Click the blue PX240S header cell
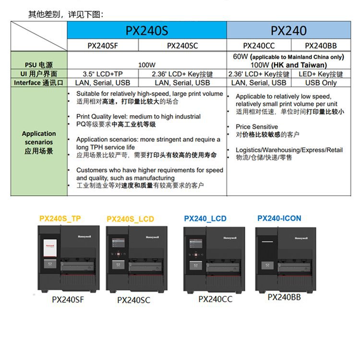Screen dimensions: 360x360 coord(147,31)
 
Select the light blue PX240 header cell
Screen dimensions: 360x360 coord(288,31)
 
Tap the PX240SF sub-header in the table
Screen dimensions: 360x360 coord(103,46)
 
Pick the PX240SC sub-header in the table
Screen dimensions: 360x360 coord(182,46)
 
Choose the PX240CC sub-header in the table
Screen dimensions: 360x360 coord(259,46)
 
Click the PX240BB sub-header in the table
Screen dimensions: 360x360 coord(321,46)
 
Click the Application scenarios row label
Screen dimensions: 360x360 coord(39,142)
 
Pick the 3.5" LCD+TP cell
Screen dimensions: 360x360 coord(102,74)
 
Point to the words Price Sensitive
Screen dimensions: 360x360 coord(257,127)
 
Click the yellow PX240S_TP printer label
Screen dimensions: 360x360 coord(60,218)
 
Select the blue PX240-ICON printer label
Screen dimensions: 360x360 coord(279,218)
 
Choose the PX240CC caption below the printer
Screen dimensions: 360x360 coord(213,299)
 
